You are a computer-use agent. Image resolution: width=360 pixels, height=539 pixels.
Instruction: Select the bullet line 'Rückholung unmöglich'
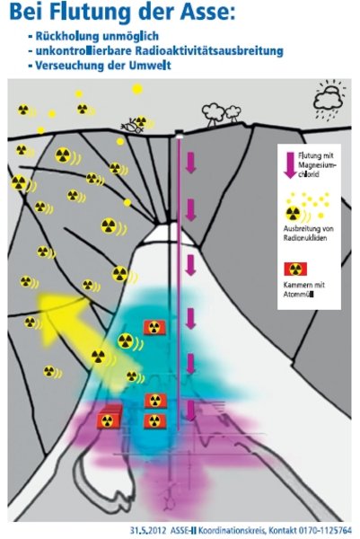(93, 36)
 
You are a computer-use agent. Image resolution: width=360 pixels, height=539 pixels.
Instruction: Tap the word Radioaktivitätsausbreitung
(209, 50)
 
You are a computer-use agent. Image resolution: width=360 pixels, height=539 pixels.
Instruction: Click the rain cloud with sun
(329, 99)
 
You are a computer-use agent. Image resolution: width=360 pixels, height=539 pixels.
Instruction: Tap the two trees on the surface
(221, 114)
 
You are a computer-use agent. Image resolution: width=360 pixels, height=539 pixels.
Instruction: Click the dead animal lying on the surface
(132, 126)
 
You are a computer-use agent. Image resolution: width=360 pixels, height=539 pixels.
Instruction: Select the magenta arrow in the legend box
(291, 165)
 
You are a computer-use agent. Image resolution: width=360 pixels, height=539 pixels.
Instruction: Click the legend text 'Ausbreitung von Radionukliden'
(308, 233)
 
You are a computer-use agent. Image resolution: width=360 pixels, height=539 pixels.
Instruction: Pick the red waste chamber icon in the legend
(295, 269)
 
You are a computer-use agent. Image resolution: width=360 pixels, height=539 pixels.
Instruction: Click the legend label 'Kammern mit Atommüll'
(304, 289)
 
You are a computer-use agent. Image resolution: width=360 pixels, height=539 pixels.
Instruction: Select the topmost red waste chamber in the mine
(154, 327)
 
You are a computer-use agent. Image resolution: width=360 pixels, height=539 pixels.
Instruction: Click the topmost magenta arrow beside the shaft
(190, 163)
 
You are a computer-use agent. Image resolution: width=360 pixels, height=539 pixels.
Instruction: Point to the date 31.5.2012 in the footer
(148, 530)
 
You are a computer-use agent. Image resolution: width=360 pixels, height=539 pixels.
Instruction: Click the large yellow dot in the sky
(137, 89)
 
